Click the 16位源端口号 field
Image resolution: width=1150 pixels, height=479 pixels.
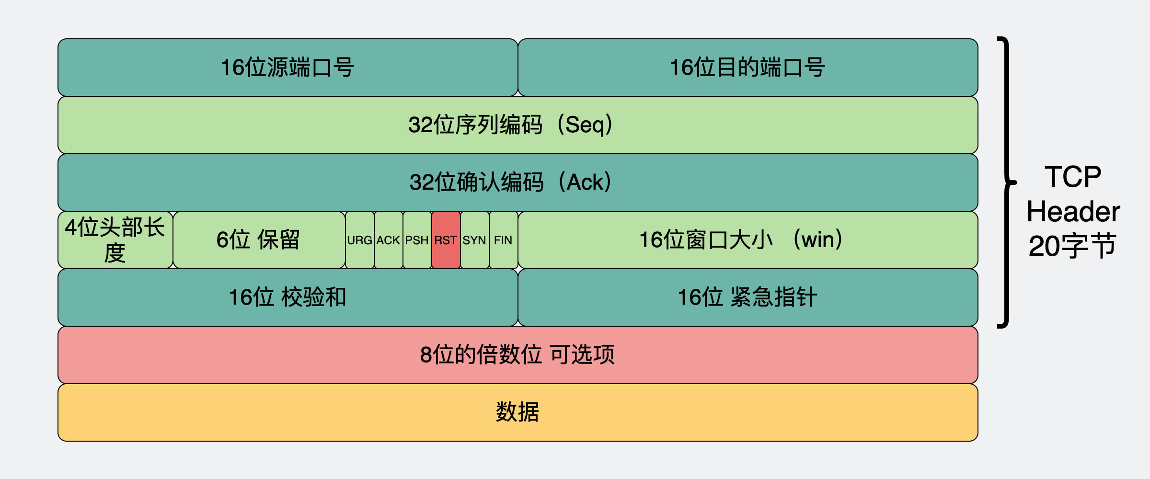(287, 68)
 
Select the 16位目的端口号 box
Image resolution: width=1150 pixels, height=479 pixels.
(747, 68)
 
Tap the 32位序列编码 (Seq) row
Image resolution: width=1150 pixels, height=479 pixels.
(517, 125)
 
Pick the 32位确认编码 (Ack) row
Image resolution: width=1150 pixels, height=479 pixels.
(517, 182)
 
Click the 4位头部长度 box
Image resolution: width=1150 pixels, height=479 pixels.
(115, 240)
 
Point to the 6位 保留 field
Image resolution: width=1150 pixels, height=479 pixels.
(259, 240)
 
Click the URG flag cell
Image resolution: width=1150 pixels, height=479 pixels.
(359, 240)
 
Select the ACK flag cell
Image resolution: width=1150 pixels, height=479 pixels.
(388, 240)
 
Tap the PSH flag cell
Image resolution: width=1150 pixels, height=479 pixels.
(417, 240)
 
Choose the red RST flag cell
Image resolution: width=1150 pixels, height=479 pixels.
(446, 240)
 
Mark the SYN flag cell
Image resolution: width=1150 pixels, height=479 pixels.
(474, 240)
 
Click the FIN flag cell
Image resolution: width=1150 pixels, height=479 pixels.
(503, 240)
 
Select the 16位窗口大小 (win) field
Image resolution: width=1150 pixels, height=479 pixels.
(747, 240)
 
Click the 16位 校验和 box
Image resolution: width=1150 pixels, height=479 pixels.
(287, 297)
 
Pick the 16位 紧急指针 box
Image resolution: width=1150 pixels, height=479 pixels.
(747, 297)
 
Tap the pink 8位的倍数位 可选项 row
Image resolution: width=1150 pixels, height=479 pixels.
(517, 355)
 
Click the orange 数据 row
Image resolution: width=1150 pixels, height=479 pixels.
(517, 412)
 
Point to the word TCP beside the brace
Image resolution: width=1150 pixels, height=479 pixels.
(1073, 177)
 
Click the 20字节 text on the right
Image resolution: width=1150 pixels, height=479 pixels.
(1073, 246)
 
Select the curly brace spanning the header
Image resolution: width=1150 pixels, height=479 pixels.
(1007, 182)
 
